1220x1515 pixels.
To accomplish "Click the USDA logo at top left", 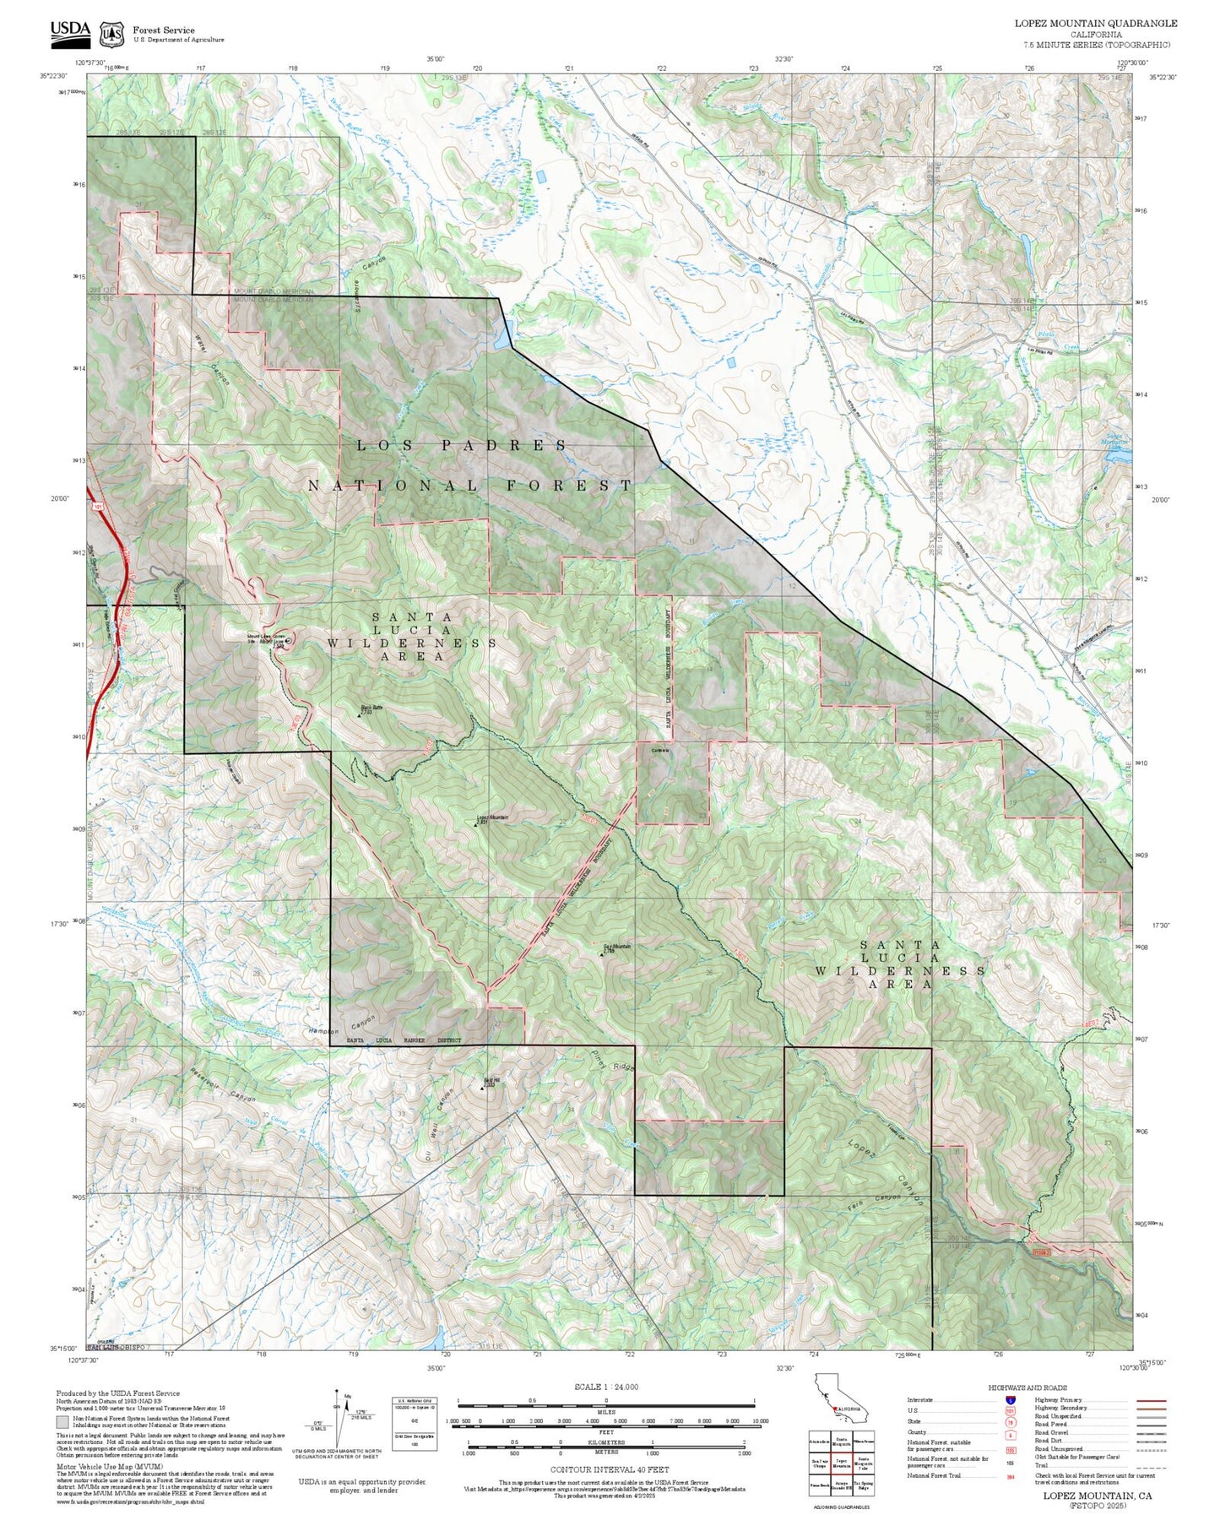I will [69, 31].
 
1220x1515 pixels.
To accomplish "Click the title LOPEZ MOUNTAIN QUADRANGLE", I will [1095, 23].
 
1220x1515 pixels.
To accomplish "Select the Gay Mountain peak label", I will [616, 947].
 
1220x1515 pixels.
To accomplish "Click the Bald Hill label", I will [491, 1080].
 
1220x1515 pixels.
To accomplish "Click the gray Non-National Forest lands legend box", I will [62, 1421].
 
